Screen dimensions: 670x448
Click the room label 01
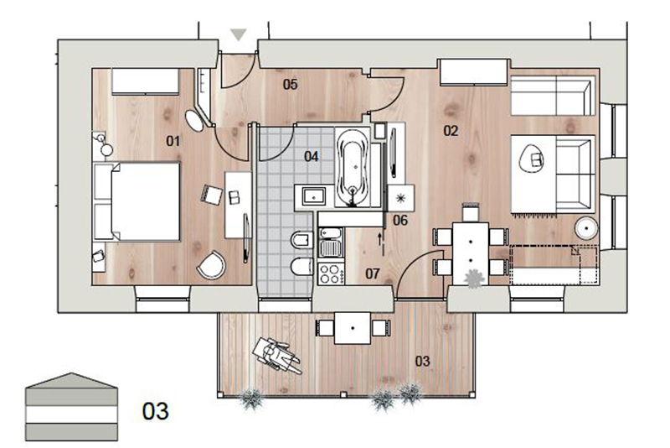point(173,141)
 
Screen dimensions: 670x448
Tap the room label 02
point(451,131)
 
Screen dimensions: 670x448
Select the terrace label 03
point(422,361)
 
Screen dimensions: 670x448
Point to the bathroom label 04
point(311,156)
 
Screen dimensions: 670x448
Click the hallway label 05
point(290,85)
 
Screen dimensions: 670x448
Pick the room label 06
point(400,221)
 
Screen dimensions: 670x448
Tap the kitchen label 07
point(373,273)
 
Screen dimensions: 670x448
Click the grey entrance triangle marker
point(238,34)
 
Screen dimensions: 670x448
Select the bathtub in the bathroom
point(353,167)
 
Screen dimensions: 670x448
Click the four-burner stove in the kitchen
point(331,273)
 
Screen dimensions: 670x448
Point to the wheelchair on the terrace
point(276,356)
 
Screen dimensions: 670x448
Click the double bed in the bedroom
point(137,201)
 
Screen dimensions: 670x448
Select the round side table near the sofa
point(586,228)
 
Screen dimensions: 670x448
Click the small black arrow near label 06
point(379,239)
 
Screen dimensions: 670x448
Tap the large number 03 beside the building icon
point(156,411)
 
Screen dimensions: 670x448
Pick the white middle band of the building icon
point(71,414)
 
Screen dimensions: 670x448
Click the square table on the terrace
point(353,328)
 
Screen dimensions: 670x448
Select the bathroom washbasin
point(314,197)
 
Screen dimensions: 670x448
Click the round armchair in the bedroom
point(212,265)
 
